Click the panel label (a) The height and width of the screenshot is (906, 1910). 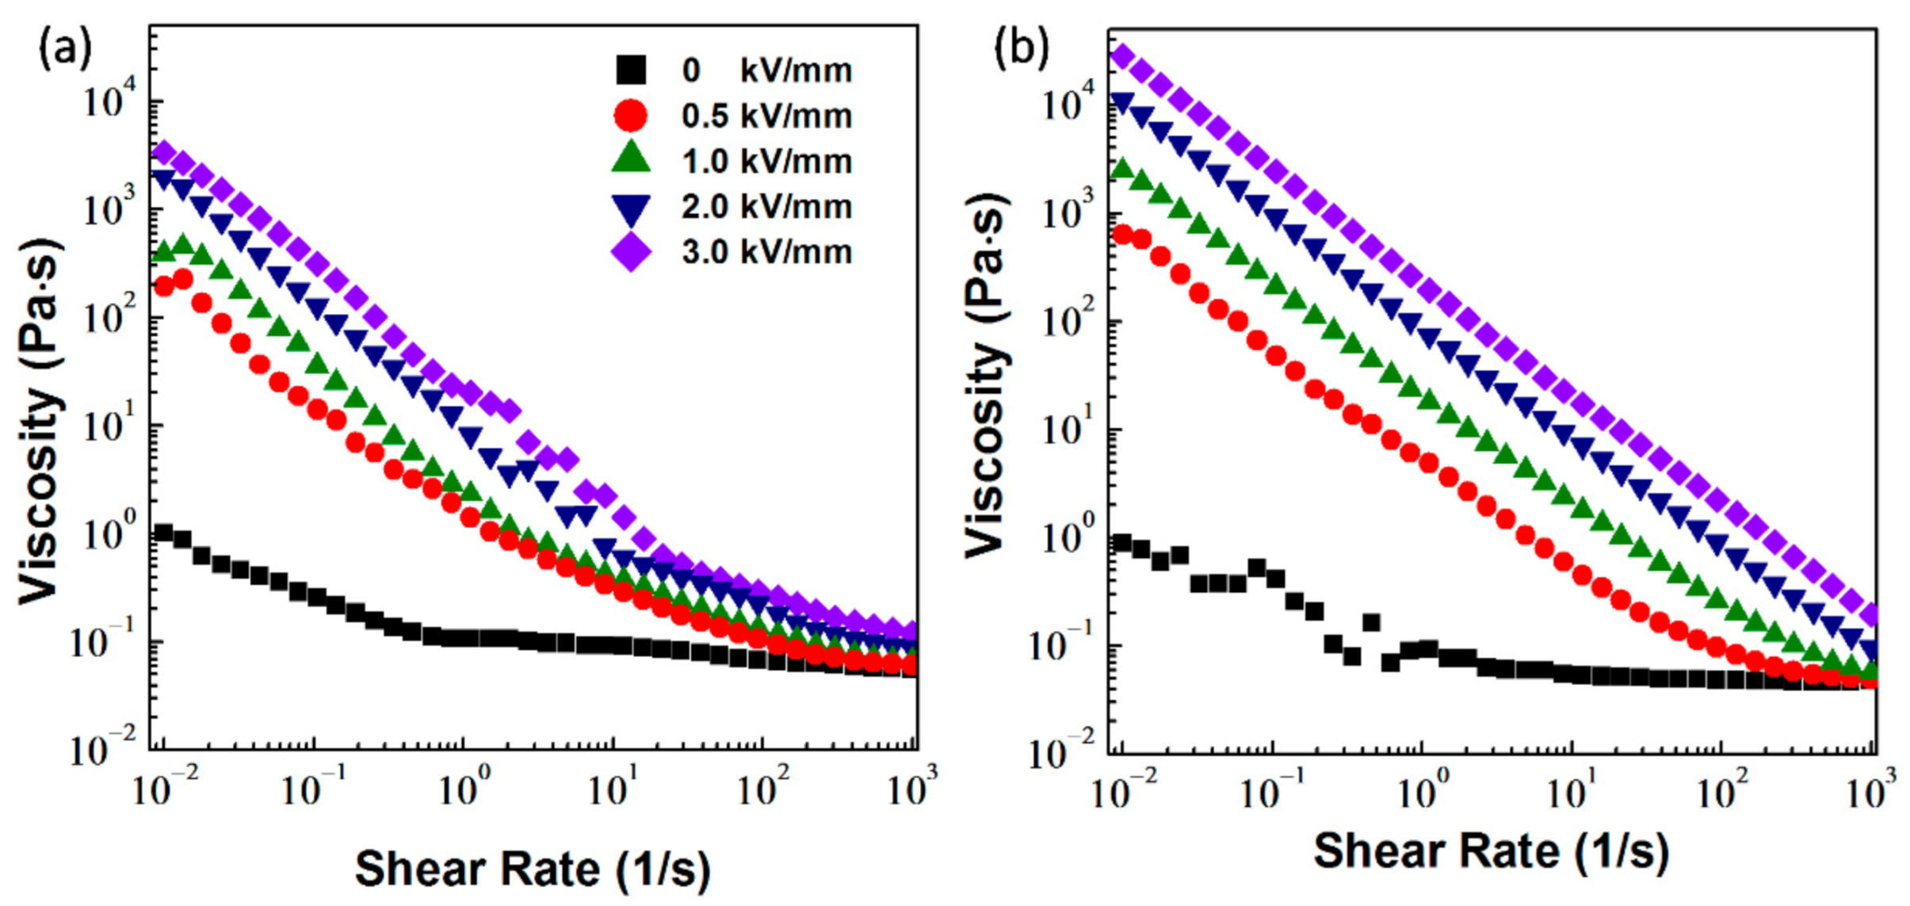pos(65,49)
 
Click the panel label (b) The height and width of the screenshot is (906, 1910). pos(1021,49)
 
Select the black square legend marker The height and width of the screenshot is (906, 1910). pos(631,70)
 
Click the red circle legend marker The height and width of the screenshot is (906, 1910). pos(631,116)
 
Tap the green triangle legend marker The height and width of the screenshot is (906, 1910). pos(631,159)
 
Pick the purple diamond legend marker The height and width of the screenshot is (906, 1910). pos(631,252)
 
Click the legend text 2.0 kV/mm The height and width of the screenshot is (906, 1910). pos(766,207)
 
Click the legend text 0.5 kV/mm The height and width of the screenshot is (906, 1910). pos(766,116)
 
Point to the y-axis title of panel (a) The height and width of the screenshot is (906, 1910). pos(40,420)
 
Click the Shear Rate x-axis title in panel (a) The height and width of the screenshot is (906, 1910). pos(533,869)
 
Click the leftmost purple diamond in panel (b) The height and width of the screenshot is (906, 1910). pos(1122,55)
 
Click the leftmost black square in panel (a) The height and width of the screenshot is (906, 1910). pos(163,532)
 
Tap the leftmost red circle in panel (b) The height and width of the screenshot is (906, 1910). pos(1122,234)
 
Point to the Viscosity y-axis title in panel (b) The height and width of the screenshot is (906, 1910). pos(986,377)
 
